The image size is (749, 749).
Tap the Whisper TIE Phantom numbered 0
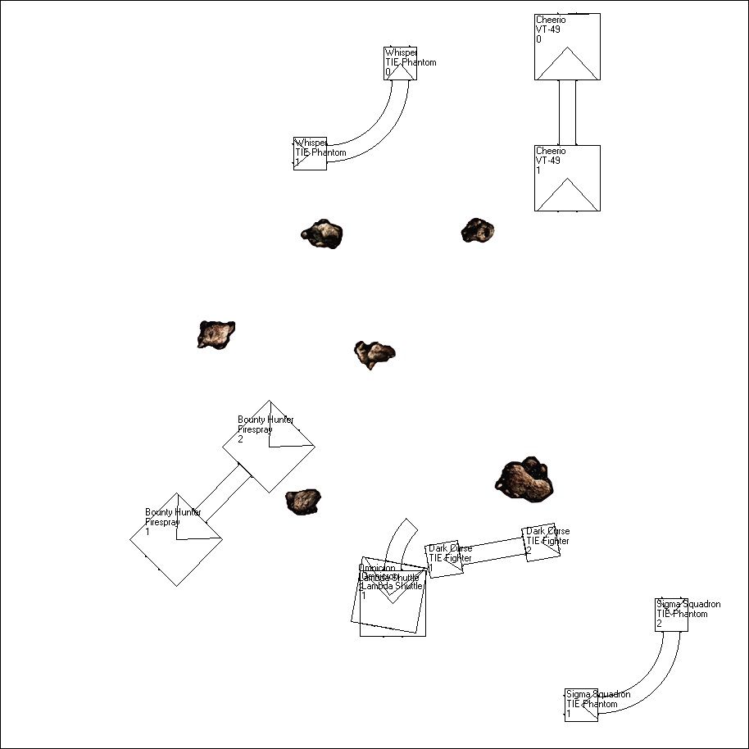tap(400, 63)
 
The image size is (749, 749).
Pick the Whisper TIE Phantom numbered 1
tap(310, 153)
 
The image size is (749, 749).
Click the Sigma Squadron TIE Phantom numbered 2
tap(671, 615)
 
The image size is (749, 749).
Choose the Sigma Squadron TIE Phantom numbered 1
tap(581, 705)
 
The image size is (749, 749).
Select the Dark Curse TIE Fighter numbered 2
tap(542, 544)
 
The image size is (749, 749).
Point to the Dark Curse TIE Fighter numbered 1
tap(445, 561)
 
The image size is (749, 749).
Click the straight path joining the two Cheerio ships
tap(567, 112)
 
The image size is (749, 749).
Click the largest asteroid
tap(524, 479)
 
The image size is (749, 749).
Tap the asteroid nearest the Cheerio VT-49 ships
tap(477, 230)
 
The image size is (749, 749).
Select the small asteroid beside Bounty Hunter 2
tap(302, 502)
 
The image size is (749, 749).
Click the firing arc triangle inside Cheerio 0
tap(567, 66)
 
